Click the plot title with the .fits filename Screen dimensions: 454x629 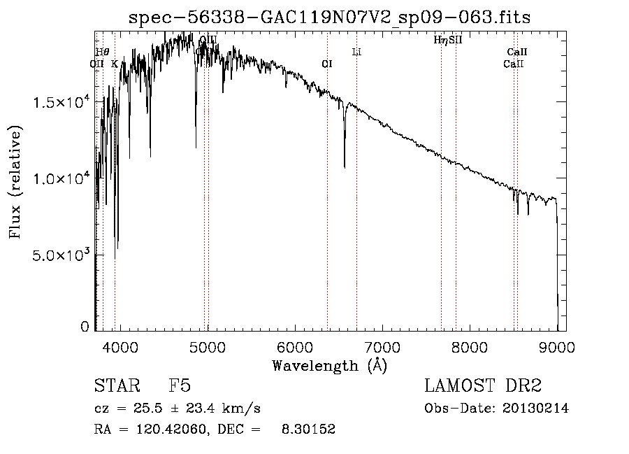(x=330, y=17)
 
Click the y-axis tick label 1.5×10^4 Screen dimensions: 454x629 (x=62, y=102)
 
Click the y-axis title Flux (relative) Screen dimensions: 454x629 (x=15, y=182)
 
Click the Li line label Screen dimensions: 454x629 (x=356, y=52)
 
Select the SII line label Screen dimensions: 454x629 (x=456, y=40)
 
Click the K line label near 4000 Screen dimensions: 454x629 (x=115, y=64)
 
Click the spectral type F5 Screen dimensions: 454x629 (x=180, y=387)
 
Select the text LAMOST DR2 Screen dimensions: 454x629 (x=483, y=387)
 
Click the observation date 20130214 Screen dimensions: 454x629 (x=537, y=409)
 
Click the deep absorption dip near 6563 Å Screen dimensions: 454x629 (x=345, y=164)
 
